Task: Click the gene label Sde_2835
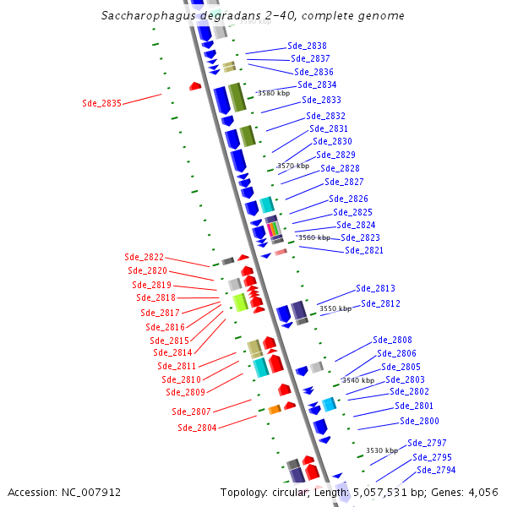pyautogui.click(x=101, y=103)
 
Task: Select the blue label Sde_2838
pyautogui.click(x=307, y=46)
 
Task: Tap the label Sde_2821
pyautogui.click(x=363, y=250)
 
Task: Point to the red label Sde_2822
pyautogui.click(x=144, y=257)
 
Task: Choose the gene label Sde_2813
pyautogui.click(x=375, y=288)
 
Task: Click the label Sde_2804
pyautogui.click(x=197, y=428)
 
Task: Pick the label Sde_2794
pyautogui.click(x=435, y=470)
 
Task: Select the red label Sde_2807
pyautogui.click(x=191, y=412)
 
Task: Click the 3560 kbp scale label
pyautogui.click(x=314, y=237)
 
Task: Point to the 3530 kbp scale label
pyautogui.click(x=381, y=450)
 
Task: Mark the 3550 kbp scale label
pyautogui.click(x=335, y=309)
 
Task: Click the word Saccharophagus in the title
pyautogui.click(x=140, y=15)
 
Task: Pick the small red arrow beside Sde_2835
pyautogui.click(x=195, y=85)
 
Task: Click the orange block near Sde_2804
pyautogui.click(x=275, y=410)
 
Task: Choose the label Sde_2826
pyautogui.click(x=348, y=199)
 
